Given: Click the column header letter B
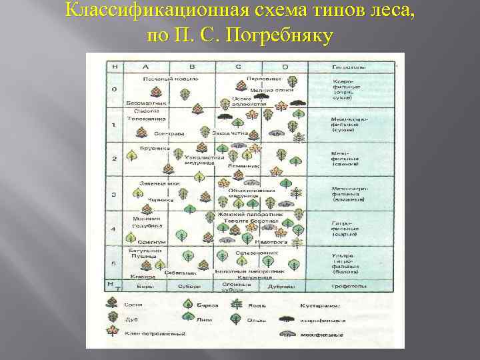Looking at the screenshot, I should (192, 67).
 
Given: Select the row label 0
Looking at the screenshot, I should (114, 89).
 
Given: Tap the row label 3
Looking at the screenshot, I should (114, 195).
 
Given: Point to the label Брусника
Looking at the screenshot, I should (140, 149).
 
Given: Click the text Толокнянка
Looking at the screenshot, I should (141, 119).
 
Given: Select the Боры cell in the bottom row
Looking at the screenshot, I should (145, 287).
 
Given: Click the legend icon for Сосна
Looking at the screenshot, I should (112, 303).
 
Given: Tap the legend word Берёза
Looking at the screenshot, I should (203, 305).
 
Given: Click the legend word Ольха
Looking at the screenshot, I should (257, 319).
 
